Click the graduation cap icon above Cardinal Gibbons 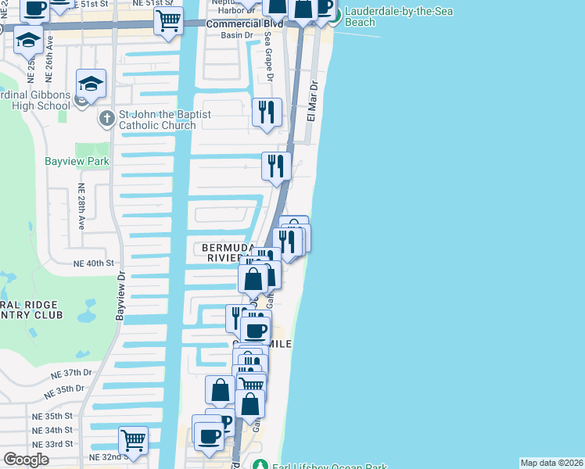[91, 84]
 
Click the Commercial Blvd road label [221, 24]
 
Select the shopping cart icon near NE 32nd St [133, 439]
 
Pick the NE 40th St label [94, 263]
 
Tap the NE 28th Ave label [81, 206]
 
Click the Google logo [25, 460]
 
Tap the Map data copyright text [551, 463]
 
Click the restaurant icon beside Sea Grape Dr [267, 113]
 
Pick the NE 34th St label [52, 430]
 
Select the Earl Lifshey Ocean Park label [329, 467]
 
